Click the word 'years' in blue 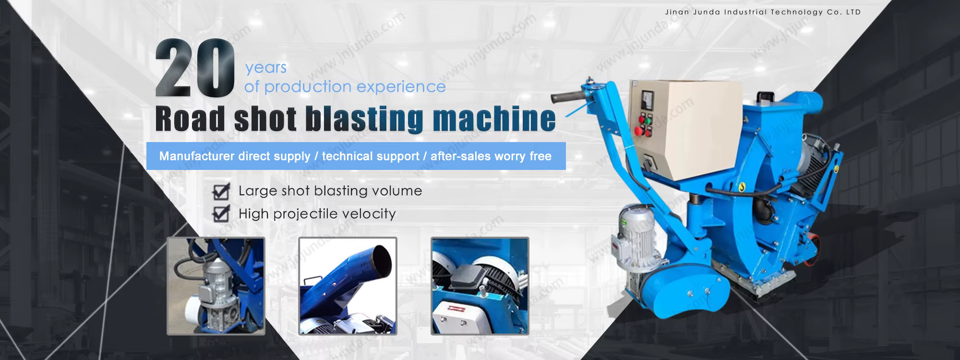point(266,68)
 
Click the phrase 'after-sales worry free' point(491,156)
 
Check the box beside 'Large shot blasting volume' point(221,191)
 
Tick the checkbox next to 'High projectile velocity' point(221,214)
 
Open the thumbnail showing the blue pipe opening point(348,286)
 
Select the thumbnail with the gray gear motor point(216,286)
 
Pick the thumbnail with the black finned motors point(480,286)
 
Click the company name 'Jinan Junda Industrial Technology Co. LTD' point(763,12)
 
